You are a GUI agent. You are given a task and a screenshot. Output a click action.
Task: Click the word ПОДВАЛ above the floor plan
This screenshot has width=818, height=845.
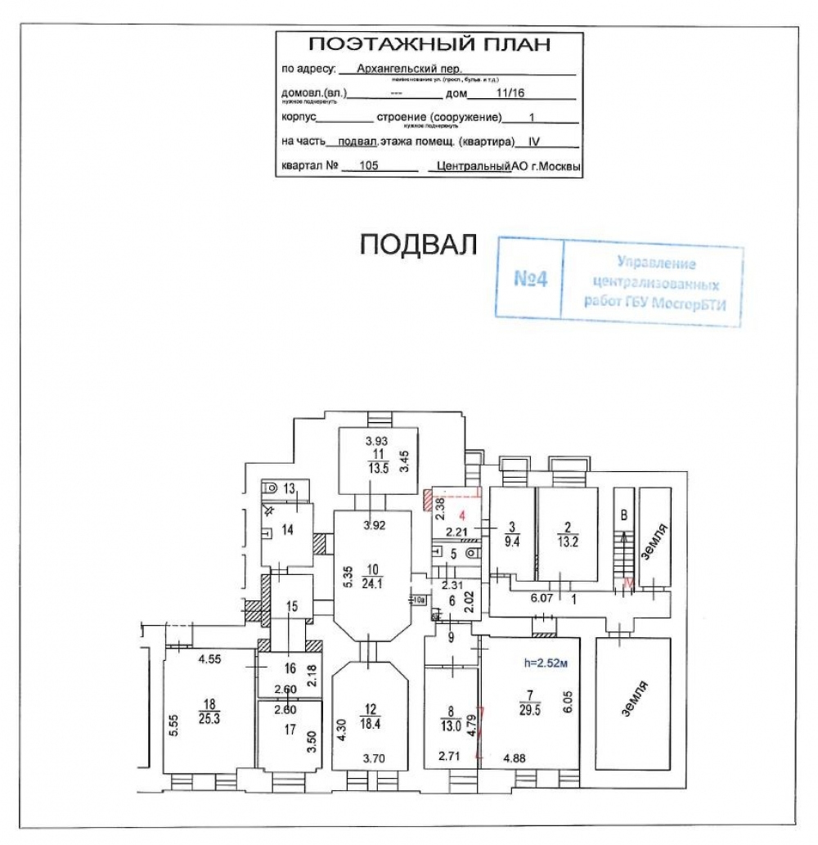(418, 245)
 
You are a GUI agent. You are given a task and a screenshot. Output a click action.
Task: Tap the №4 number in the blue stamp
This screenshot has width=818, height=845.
(530, 278)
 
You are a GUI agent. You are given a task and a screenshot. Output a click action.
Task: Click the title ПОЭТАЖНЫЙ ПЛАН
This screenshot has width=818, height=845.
(429, 44)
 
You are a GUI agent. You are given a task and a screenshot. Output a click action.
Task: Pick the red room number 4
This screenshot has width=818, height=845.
(462, 515)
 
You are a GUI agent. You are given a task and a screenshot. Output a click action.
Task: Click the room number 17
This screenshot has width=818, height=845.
(289, 730)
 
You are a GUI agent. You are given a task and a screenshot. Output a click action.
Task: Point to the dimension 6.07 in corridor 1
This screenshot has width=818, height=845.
(542, 597)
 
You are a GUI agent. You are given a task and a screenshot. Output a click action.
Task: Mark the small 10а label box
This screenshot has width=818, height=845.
(418, 600)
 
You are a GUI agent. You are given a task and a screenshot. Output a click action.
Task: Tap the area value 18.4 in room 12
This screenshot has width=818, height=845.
(373, 722)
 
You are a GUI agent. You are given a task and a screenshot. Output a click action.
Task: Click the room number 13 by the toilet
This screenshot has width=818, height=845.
(288, 488)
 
